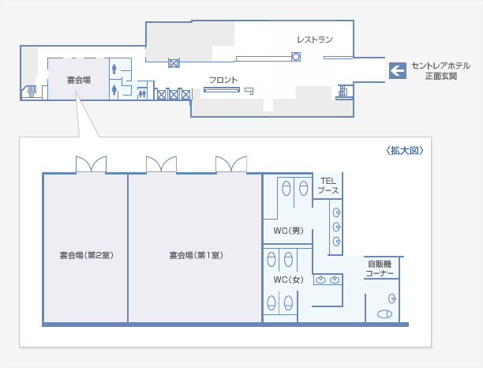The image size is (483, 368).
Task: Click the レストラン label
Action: tap(315, 39)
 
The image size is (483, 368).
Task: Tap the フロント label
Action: tap(223, 80)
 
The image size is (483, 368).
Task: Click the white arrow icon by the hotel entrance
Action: tap(397, 70)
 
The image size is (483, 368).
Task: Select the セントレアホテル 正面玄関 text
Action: tap(441, 70)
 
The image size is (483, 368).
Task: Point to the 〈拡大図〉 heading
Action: tap(404, 150)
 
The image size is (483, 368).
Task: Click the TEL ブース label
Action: tap(328, 186)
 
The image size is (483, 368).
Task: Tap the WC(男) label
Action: tap(288, 231)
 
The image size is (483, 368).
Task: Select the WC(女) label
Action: tap(288, 280)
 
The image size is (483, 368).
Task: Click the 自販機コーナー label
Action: tap(380, 268)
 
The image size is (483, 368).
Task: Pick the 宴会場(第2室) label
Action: tap(87, 255)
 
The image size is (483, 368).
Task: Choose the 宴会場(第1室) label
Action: tap(197, 255)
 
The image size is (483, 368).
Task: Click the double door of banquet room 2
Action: tap(92, 164)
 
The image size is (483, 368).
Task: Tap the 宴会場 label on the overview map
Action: tap(79, 80)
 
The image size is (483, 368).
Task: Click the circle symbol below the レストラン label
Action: tap(296, 57)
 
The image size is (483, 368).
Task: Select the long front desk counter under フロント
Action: tap(222, 90)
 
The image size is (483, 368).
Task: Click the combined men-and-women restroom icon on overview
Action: tap(142, 93)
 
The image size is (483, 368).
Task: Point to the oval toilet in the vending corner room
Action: tap(384, 314)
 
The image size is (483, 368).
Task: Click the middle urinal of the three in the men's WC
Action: tap(336, 227)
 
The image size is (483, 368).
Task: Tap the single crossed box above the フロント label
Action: tap(174, 63)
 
